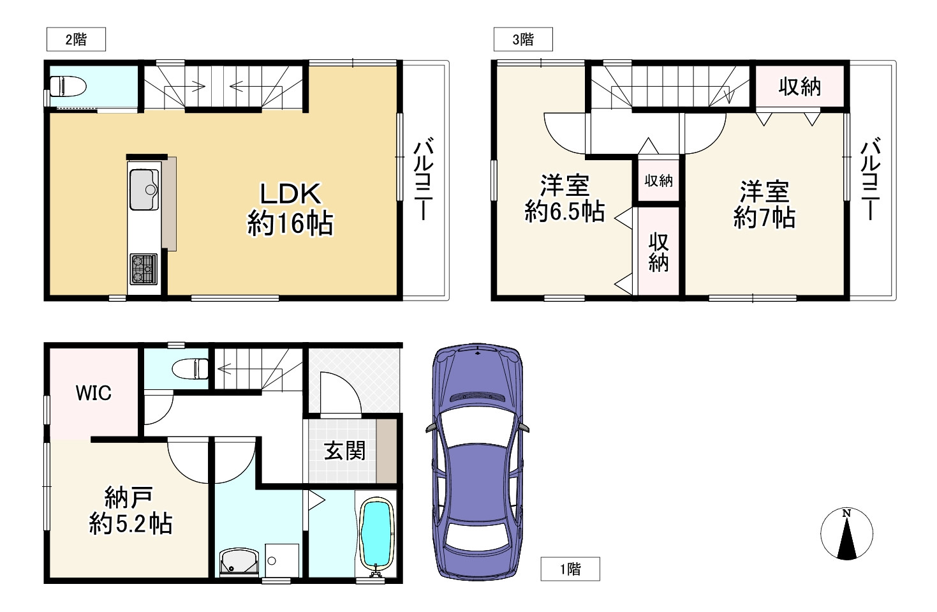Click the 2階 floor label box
pos(76,40)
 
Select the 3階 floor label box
pos(523,40)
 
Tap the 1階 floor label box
pos(570,569)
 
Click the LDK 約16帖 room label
pos(290,209)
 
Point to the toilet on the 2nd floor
pos(68,87)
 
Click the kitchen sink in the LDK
pos(144,189)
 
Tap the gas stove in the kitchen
pos(144,269)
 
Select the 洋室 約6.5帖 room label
pos(564,198)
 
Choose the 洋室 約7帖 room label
pos(764,205)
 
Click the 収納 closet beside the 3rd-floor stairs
pos(799,87)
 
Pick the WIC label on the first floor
pos(93,393)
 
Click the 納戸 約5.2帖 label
pos(131,511)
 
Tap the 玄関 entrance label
pos(344,451)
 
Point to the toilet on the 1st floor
pos(190,369)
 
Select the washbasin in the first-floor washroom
pos(239,562)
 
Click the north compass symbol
pos(846,534)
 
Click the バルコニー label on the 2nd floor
pos(423,179)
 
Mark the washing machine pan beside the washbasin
pos(282,560)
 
